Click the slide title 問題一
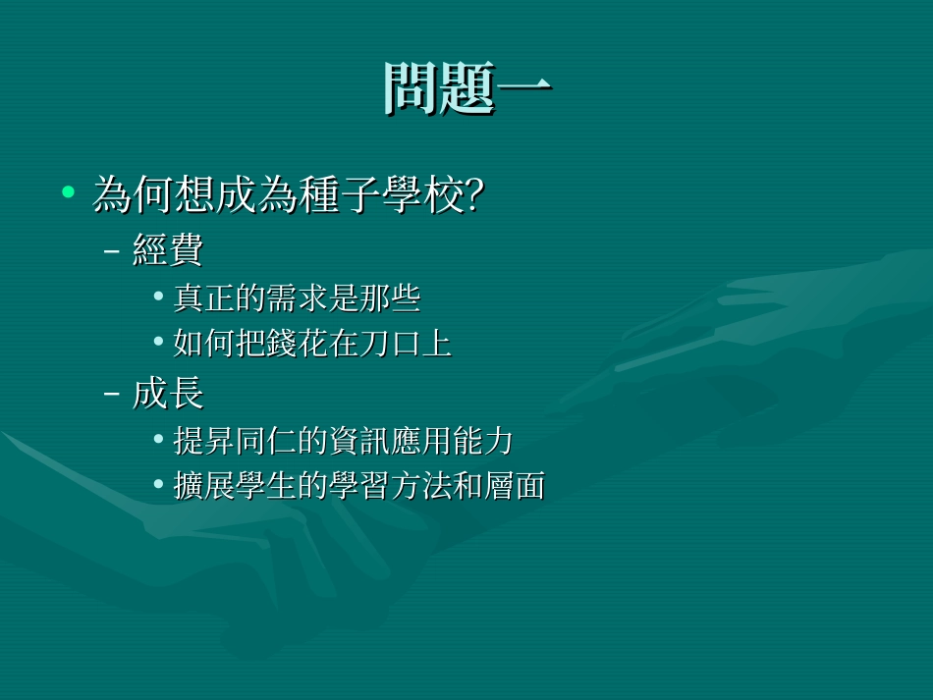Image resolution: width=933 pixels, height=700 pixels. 467,89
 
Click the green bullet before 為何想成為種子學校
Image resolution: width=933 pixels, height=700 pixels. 68,191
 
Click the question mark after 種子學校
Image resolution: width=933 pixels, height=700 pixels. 471,194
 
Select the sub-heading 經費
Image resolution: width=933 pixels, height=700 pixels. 167,250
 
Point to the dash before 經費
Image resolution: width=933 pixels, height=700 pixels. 112,251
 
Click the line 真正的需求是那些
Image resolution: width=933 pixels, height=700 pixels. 297,297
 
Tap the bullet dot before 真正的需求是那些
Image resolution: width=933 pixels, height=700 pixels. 159,296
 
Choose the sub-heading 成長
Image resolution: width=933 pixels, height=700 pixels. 167,393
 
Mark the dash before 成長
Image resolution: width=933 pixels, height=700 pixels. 112,394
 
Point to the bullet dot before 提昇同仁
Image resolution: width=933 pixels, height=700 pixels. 159,439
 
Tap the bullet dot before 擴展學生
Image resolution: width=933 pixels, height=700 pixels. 159,485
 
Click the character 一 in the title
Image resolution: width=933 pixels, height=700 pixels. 524,89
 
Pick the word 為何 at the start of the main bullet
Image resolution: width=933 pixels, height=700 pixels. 131,194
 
